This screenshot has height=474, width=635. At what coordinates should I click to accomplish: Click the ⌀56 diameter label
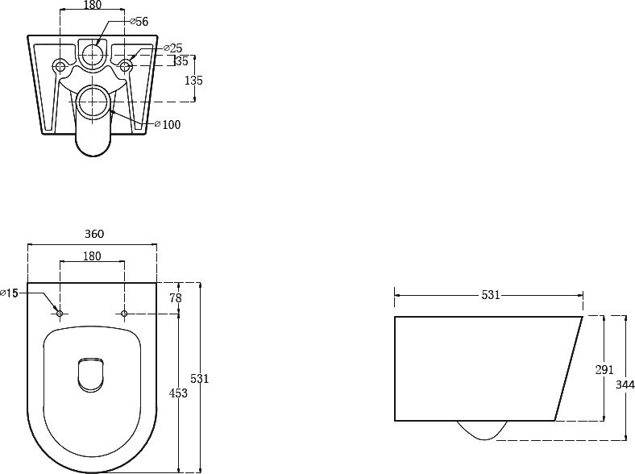click(x=139, y=22)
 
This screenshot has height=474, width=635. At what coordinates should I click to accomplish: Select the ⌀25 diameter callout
click(x=173, y=48)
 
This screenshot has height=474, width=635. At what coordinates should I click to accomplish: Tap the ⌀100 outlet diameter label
click(x=168, y=124)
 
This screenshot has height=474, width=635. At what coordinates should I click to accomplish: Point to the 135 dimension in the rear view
click(x=193, y=81)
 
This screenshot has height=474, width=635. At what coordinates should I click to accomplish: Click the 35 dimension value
click(x=181, y=61)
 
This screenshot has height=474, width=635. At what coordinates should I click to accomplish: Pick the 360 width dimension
click(x=94, y=234)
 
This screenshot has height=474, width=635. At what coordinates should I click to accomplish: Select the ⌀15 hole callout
click(x=10, y=293)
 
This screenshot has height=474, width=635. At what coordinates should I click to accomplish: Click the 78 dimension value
click(x=176, y=298)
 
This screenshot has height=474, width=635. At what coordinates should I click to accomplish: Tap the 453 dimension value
click(x=179, y=393)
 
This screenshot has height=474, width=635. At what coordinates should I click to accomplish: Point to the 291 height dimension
click(x=604, y=369)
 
